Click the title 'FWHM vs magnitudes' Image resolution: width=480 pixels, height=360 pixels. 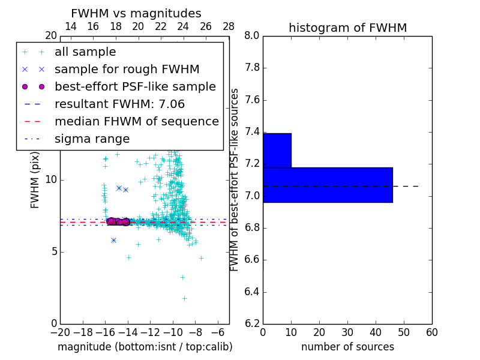[136, 14]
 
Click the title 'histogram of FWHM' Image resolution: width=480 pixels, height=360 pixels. [347, 28]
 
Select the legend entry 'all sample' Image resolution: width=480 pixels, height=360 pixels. [85, 52]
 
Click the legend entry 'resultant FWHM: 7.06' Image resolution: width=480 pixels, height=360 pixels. [119, 104]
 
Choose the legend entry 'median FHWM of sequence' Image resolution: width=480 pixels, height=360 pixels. [136, 121]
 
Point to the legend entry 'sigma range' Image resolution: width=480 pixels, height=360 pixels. [92, 139]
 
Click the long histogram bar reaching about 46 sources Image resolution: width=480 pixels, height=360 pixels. [328, 185]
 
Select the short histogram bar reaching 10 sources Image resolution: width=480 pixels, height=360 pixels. [277, 150]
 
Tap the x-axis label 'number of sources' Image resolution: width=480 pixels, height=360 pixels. [347, 347]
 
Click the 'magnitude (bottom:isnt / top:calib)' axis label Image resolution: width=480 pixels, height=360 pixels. [145, 347]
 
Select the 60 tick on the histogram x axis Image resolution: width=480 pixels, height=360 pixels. [431, 332]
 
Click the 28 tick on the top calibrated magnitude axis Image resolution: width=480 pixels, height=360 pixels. [229, 26]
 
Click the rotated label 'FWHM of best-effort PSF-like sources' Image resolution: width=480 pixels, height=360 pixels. [235, 179]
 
